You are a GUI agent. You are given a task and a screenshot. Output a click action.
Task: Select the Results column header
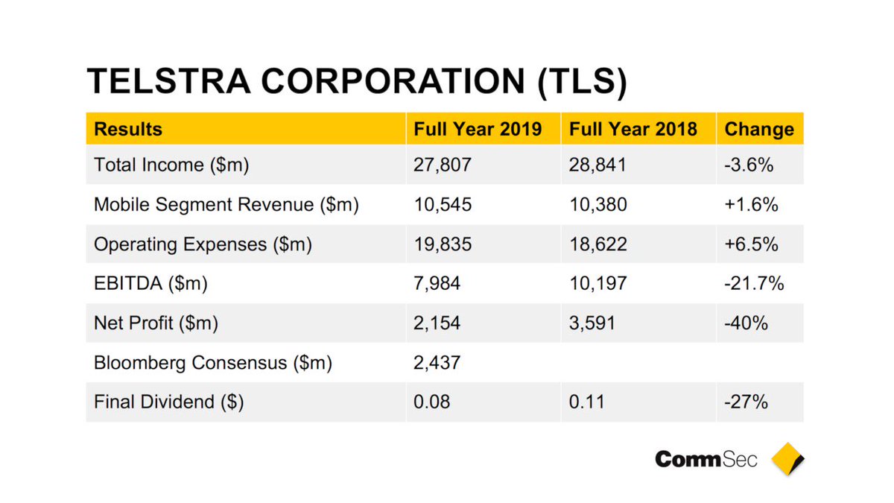click(x=127, y=129)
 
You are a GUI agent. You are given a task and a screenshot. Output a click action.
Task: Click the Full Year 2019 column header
click(x=478, y=129)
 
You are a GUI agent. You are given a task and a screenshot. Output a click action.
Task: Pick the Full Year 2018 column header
click(x=633, y=129)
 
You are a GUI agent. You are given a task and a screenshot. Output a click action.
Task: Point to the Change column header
click(x=758, y=129)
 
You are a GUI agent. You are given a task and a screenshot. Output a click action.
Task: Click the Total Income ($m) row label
click(x=171, y=164)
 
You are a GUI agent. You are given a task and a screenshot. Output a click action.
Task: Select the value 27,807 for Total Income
click(x=443, y=164)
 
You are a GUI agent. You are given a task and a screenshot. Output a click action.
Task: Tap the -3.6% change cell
click(x=748, y=164)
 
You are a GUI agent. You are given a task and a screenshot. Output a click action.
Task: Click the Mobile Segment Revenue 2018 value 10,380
click(x=597, y=204)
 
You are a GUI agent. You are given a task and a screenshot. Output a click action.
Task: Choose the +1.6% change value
click(x=750, y=204)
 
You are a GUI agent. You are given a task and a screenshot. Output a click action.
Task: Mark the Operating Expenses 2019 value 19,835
click(x=443, y=244)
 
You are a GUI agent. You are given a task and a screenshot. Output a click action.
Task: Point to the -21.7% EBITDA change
click(x=753, y=283)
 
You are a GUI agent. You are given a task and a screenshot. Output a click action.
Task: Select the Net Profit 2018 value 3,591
click(x=593, y=323)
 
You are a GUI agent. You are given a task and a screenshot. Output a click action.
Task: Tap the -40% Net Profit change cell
click(x=744, y=323)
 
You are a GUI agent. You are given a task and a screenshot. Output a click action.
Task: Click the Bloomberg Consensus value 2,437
click(x=437, y=363)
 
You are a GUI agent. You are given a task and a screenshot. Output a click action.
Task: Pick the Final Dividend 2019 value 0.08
click(x=431, y=402)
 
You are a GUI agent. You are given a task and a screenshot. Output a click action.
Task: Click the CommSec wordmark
click(x=706, y=459)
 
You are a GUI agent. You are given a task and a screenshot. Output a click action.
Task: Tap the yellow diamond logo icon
click(x=787, y=458)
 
